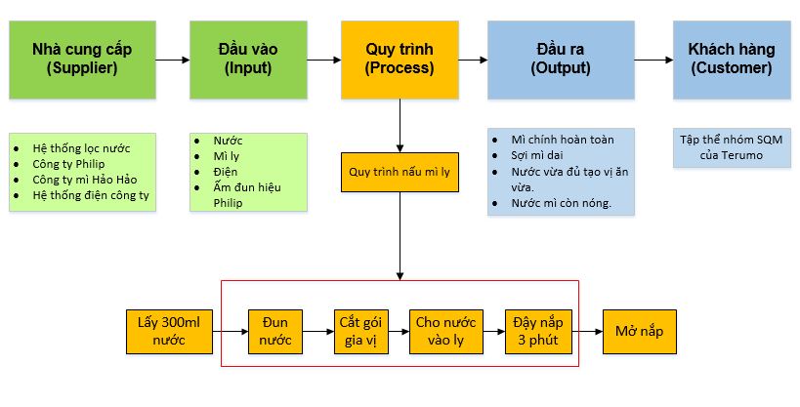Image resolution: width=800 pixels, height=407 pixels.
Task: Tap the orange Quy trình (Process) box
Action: pos(400,59)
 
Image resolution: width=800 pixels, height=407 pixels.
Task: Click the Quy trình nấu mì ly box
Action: pos(400,172)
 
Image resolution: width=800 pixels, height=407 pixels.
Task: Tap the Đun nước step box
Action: pos(275,332)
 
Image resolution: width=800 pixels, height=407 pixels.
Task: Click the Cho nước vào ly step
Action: pos(445,332)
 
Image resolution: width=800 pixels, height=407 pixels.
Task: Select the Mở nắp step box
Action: pos(639,332)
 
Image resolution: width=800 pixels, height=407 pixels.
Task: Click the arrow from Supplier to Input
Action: pos(173,60)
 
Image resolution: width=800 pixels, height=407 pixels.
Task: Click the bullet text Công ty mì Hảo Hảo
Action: pos(80,180)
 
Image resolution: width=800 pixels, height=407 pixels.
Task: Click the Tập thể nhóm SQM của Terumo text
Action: pos(731,147)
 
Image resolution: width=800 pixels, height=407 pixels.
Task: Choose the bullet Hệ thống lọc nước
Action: pos(80,148)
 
